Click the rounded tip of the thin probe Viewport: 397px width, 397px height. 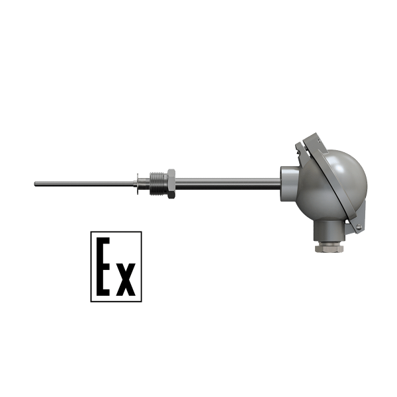(35, 184)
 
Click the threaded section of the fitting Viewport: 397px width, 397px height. (158, 183)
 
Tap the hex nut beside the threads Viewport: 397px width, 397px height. (171, 183)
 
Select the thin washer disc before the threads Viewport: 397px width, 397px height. (138, 184)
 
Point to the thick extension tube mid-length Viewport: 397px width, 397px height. (228, 184)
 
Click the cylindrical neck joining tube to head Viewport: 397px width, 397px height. (289, 183)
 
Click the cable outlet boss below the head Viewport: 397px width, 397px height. (329, 230)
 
